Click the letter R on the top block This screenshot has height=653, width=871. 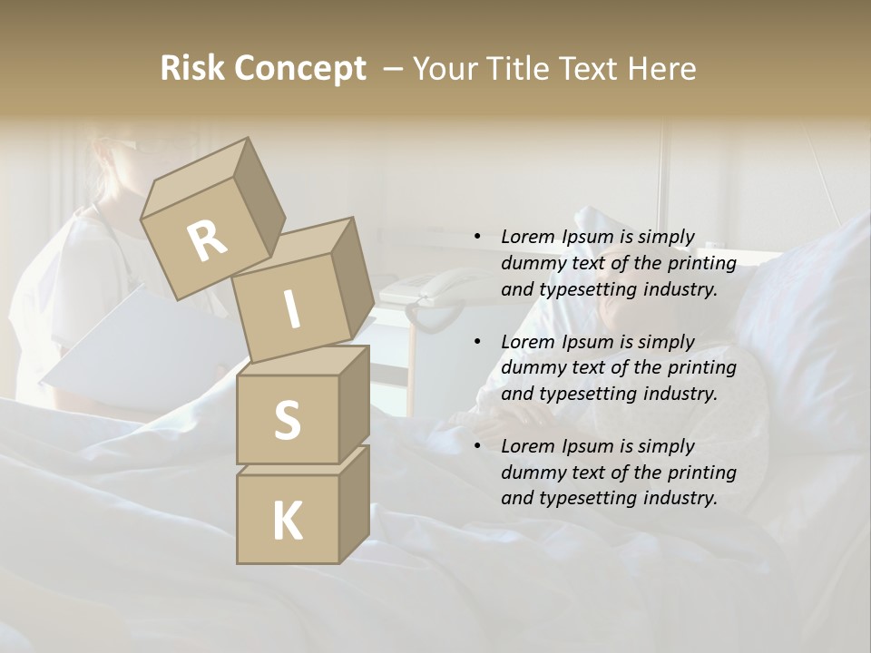(207, 240)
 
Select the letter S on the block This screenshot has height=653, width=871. (287, 420)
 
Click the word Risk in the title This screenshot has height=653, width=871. (191, 69)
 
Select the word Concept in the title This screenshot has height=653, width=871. (300, 69)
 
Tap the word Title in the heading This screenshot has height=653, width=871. (515, 69)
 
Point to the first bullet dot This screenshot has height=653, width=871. (477, 238)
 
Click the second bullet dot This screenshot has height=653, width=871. (477, 342)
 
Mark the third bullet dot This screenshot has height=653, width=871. (477, 446)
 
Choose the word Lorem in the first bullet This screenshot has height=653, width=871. (528, 238)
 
